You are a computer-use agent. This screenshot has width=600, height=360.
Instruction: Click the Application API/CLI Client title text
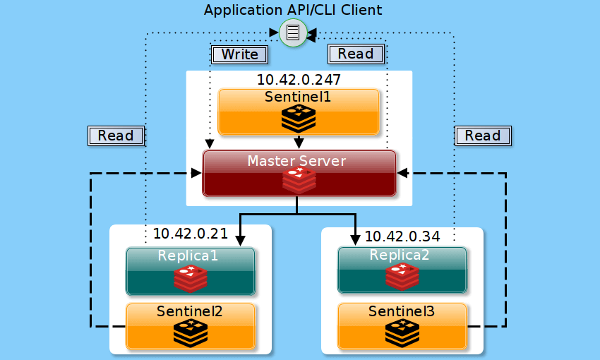(x=293, y=10)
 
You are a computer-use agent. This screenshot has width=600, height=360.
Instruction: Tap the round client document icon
(x=293, y=32)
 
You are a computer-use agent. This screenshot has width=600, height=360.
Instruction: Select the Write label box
(x=240, y=54)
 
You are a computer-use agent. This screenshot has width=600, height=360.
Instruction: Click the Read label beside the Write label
(x=356, y=54)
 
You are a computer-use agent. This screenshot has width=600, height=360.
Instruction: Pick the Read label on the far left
(x=116, y=136)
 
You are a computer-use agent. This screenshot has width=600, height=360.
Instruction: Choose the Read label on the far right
(x=483, y=136)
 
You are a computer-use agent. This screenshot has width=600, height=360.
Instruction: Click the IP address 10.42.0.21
(x=191, y=234)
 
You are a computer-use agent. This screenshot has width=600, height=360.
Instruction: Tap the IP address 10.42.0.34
(x=402, y=236)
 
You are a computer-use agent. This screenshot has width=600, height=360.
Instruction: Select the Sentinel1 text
(x=298, y=97)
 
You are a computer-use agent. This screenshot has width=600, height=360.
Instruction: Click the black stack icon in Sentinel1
(x=299, y=119)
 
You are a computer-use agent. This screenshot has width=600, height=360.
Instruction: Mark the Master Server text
(x=297, y=161)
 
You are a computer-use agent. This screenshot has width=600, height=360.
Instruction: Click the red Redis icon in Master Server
(x=299, y=181)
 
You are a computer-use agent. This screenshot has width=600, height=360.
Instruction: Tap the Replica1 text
(x=188, y=256)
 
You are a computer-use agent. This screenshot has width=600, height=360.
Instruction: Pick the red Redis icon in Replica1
(x=191, y=278)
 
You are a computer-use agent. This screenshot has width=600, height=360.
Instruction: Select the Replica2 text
(x=400, y=256)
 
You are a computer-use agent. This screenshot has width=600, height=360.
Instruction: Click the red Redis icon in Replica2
(x=402, y=277)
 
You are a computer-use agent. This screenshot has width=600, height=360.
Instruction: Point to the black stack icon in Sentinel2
(x=191, y=332)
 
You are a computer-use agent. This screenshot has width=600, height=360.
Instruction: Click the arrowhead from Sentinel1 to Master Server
(x=299, y=143)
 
